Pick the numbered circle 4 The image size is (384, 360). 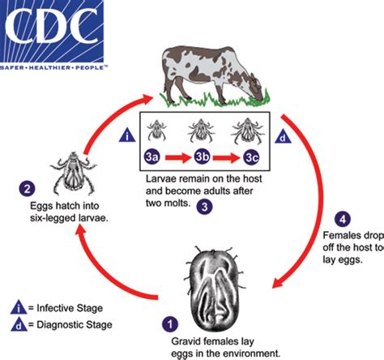pos(343,218)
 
